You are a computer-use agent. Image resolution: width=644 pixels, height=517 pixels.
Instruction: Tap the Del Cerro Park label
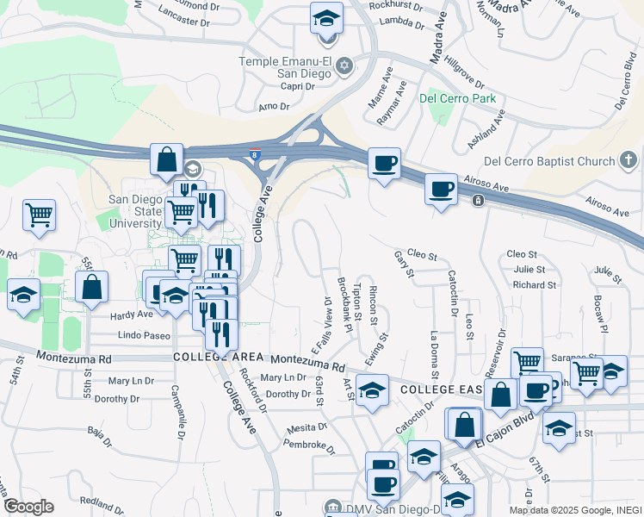tap(457, 98)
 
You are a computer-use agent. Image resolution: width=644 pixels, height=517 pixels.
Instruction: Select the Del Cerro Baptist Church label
tap(549, 160)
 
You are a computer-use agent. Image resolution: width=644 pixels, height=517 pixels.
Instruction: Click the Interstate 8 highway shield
tap(254, 155)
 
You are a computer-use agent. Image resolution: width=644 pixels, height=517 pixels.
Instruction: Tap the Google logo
tap(28, 507)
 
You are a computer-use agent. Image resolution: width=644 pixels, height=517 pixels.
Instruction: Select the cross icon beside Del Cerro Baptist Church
tap(629, 160)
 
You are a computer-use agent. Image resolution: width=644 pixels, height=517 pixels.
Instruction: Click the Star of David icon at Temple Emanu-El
tap(344, 65)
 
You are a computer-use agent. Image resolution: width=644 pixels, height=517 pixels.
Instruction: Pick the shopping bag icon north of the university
tap(167, 160)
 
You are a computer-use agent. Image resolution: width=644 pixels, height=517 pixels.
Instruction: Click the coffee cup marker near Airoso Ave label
tap(441, 190)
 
